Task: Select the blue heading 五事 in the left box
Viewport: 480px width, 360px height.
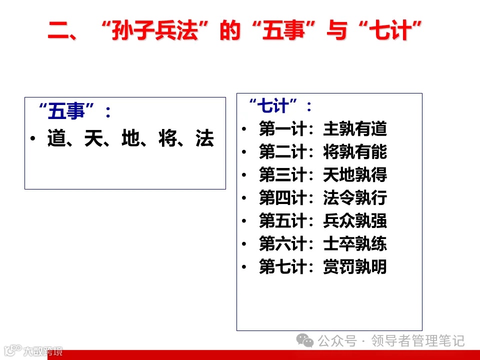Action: tap(66, 111)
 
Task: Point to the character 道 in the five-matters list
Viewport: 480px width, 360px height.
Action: tap(57, 139)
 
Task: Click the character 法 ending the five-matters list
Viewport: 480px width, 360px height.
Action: tap(205, 139)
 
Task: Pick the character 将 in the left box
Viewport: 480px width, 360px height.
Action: tap(168, 139)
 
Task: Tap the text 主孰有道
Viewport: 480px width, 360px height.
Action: tap(355, 129)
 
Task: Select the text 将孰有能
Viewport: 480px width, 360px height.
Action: tap(355, 152)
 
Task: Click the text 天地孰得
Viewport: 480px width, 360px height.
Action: tap(355, 175)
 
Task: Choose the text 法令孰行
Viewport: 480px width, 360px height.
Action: tap(355, 198)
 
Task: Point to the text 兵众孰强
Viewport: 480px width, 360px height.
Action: tap(355, 221)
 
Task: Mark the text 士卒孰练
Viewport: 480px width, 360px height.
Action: tap(355, 244)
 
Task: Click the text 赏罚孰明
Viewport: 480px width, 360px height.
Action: tap(355, 267)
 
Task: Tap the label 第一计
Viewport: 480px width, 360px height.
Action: tap(282, 129)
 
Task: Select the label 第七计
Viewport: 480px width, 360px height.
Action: tap(282, 267)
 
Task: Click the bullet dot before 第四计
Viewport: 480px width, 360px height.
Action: tap(244, 198)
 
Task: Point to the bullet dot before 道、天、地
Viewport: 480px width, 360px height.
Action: tap(32, 139)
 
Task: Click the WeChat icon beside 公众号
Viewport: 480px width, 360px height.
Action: tap(305, 341)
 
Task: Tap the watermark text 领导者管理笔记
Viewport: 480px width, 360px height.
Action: tap(418, 341)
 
